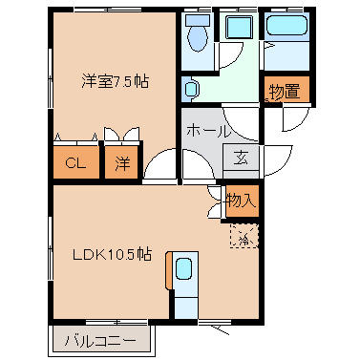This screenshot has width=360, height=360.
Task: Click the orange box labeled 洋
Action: (122, 162)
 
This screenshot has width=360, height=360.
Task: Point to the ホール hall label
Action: (207, 131)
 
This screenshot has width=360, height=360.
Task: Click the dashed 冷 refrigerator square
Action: (243, 236)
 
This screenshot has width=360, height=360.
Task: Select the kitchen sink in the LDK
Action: (185, 271)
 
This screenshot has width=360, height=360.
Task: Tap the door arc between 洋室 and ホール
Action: (164, 162)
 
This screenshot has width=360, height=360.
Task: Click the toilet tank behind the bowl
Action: (198, 20)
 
